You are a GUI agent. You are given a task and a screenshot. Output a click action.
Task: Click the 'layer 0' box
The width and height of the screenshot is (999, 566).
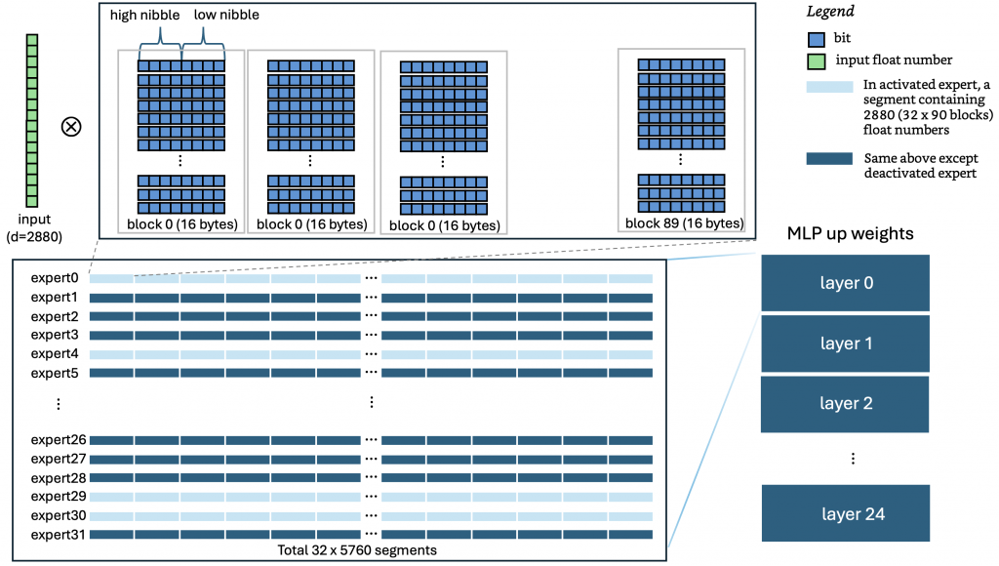coord(845,283)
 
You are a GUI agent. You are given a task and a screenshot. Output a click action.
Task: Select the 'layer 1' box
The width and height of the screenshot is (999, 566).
coord(845,343)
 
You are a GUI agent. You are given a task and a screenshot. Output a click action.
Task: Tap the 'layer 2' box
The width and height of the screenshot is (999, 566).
coord(845,403)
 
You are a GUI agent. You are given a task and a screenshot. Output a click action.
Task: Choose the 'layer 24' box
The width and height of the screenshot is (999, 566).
coord(845,513)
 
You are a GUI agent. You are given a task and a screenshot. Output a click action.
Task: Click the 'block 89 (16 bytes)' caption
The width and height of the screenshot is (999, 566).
coord(681,222)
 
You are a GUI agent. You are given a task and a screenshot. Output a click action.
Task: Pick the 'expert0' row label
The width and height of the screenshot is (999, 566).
coord(54,278)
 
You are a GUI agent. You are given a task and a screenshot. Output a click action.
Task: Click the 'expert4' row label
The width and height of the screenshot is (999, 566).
coord(54,353)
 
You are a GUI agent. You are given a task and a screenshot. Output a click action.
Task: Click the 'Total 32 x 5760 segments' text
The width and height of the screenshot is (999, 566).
coord(358,550)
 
